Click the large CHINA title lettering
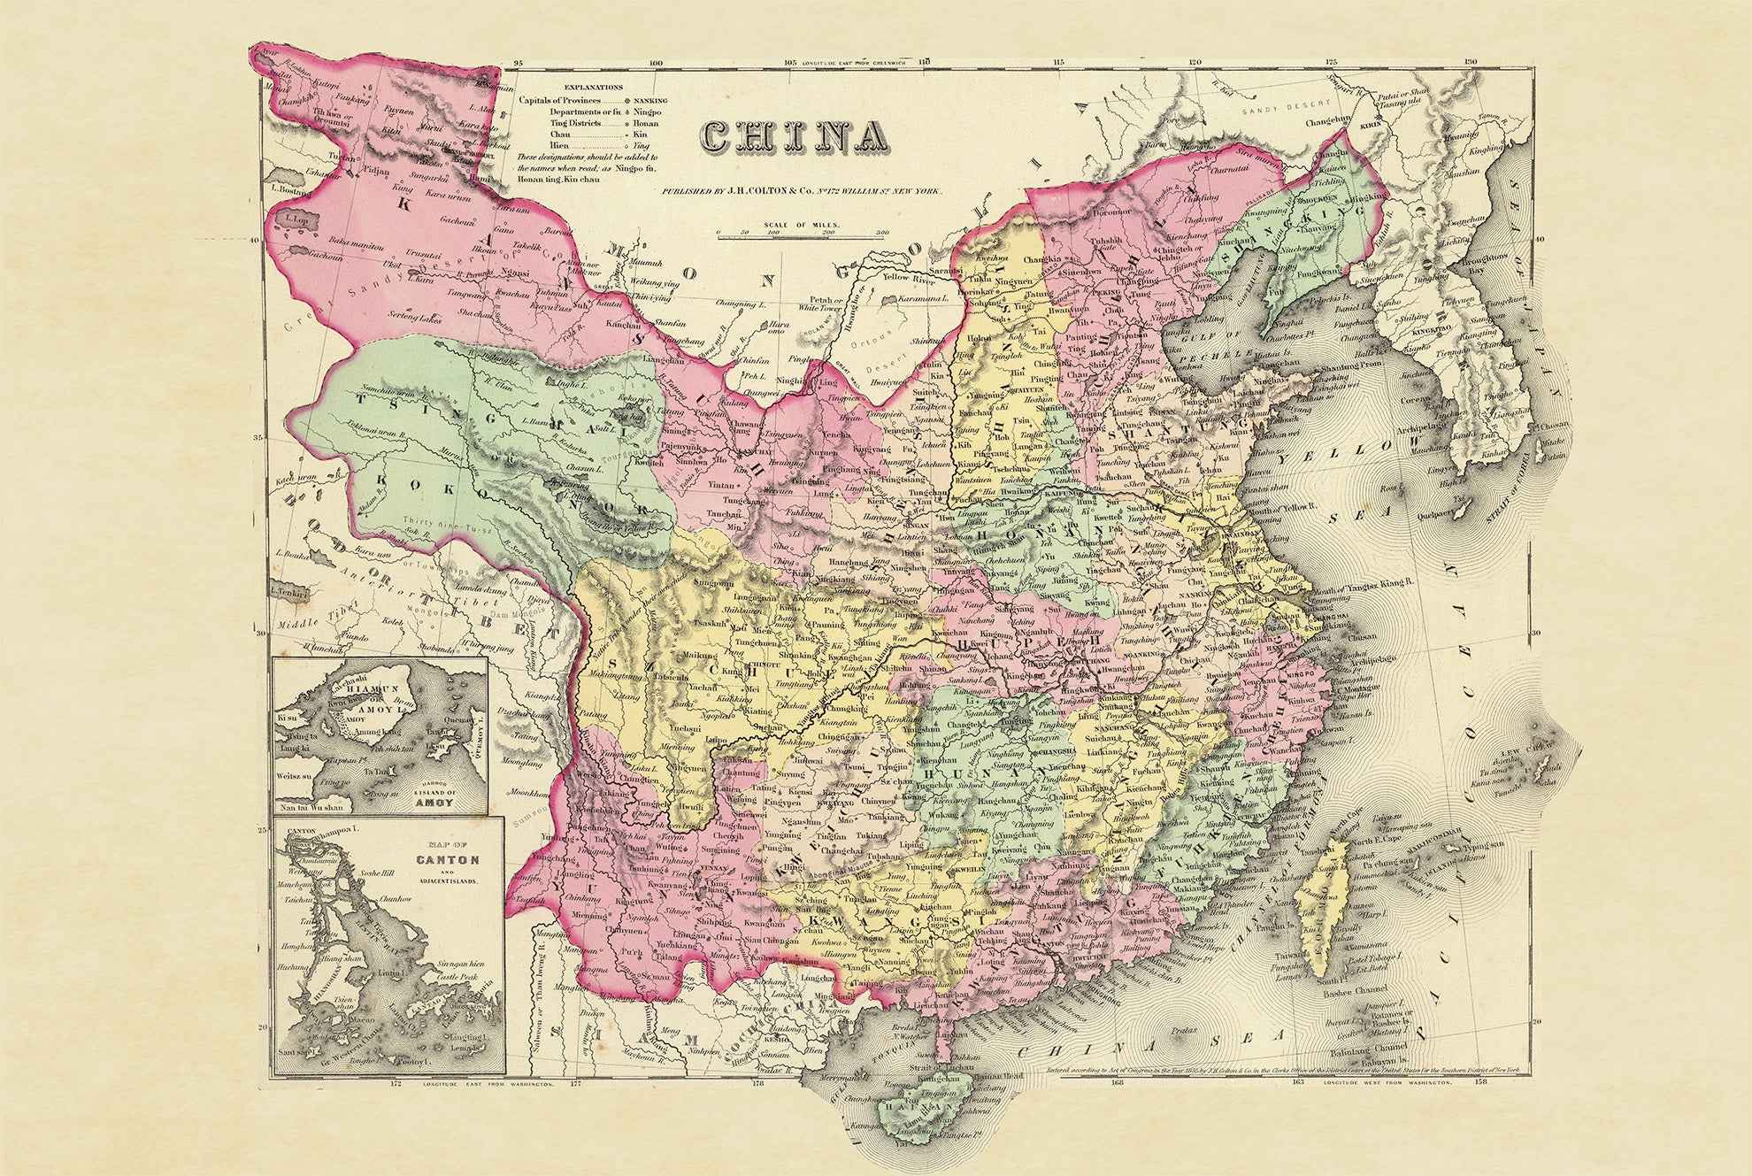click(x=795, y=135)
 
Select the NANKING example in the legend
click(x=649, y=101)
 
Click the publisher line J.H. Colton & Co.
click(x=801, y=191)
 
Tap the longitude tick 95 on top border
click(x=519, y=63)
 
